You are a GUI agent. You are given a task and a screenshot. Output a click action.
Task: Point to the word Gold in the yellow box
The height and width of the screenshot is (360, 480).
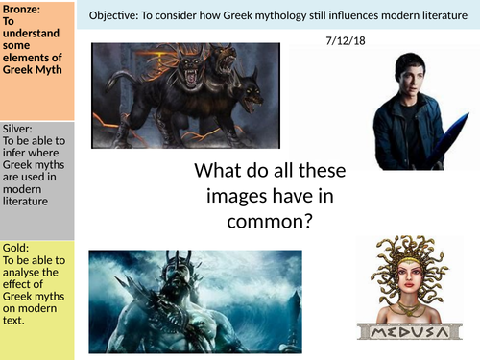coord(14,247)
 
